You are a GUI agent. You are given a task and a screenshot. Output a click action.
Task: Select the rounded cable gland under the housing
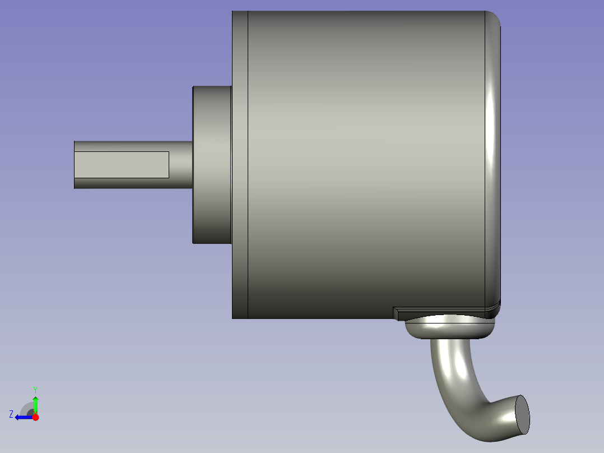tap(448, 327)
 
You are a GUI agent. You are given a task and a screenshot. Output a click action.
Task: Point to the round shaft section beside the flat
tap(180, 164)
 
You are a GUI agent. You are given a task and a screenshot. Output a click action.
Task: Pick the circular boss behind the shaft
tap(212, 164)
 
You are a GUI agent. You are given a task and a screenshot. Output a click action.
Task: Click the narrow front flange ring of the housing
tap(240, 164)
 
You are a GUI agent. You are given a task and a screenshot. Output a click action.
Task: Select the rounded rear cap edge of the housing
tap(493, 164)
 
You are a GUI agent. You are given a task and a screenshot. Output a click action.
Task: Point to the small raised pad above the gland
tap(437, 310)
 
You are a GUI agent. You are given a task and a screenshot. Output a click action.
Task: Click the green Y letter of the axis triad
tap(35, 389)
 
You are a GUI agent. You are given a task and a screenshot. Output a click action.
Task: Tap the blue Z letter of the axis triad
tap(11, 414)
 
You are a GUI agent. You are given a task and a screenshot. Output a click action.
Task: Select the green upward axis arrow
tap(35, 404)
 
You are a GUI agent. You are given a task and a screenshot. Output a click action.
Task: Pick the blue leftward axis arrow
tap(22, 417)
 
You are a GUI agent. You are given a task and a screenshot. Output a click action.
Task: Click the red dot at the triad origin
tap(35, 417)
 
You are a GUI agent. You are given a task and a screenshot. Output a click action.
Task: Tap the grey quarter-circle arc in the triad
tap(26, 408)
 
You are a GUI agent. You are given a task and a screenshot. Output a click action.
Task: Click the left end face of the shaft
tap(75, 164)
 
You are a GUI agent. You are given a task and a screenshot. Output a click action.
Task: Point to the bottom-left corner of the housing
tap(233, 318)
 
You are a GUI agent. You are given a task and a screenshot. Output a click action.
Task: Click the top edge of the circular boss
tap(212, 87)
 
